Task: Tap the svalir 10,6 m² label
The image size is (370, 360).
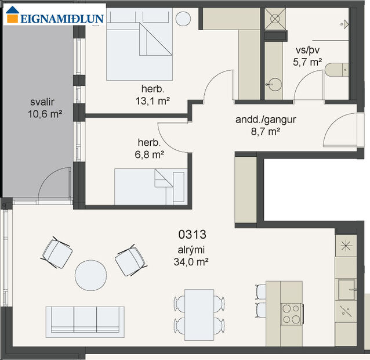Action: [x=44, y=108]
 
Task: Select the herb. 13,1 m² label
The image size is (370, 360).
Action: [x=152, y=95]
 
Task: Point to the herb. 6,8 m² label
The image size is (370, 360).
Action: [x=150, y=149]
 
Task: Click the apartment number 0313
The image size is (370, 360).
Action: [x=193, y=235]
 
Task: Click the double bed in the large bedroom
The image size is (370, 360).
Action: [x=140, y=46]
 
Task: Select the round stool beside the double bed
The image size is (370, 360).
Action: [x=183, y=18]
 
